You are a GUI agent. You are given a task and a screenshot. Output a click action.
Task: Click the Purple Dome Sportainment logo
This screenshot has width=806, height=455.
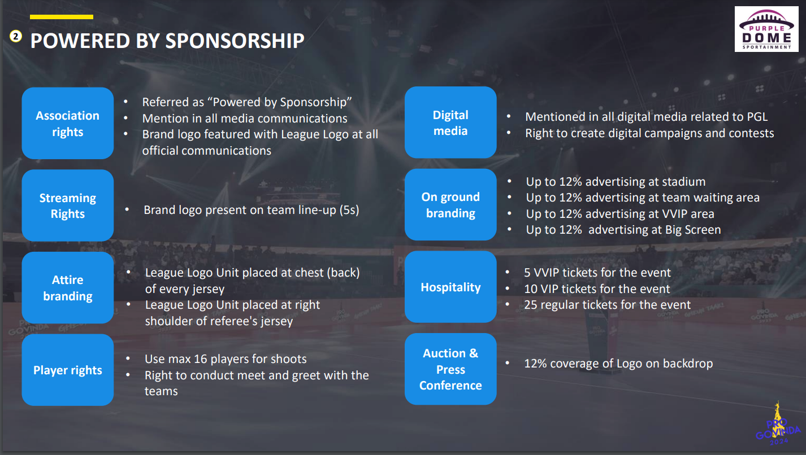coord(766,29)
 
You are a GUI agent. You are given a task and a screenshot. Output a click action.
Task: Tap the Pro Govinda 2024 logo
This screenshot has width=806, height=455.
coord(778,425)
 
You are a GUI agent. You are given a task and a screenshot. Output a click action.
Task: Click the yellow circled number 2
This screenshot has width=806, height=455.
coord(15,36)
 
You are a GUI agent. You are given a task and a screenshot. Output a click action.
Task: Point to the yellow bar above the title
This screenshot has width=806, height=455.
coord(62,17)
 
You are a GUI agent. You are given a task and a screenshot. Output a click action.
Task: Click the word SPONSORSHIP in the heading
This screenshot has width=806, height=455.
coord(235,41)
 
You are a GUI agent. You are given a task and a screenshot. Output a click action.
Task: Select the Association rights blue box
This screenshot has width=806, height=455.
coord(68,123)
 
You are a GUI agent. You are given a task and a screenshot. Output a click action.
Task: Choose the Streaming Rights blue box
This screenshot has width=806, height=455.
coord(68,205)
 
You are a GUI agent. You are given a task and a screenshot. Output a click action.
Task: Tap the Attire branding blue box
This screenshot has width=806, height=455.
coord(68,287)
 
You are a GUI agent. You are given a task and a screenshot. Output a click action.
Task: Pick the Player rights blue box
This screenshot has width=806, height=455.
coord(68,370)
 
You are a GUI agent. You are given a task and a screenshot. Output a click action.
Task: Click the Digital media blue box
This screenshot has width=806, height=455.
coord(450,123)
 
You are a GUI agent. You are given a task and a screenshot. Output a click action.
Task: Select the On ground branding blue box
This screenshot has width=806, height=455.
coord(450,204)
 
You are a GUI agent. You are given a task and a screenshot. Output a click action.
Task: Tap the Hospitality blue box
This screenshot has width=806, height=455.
coord(450,287)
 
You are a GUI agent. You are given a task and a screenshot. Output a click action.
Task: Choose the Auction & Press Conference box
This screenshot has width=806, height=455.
coord(450,369)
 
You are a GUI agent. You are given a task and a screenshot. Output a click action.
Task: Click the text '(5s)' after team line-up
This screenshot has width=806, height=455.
coord(349,210)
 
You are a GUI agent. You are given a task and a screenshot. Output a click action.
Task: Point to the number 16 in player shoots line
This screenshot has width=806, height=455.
coord(201,359)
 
